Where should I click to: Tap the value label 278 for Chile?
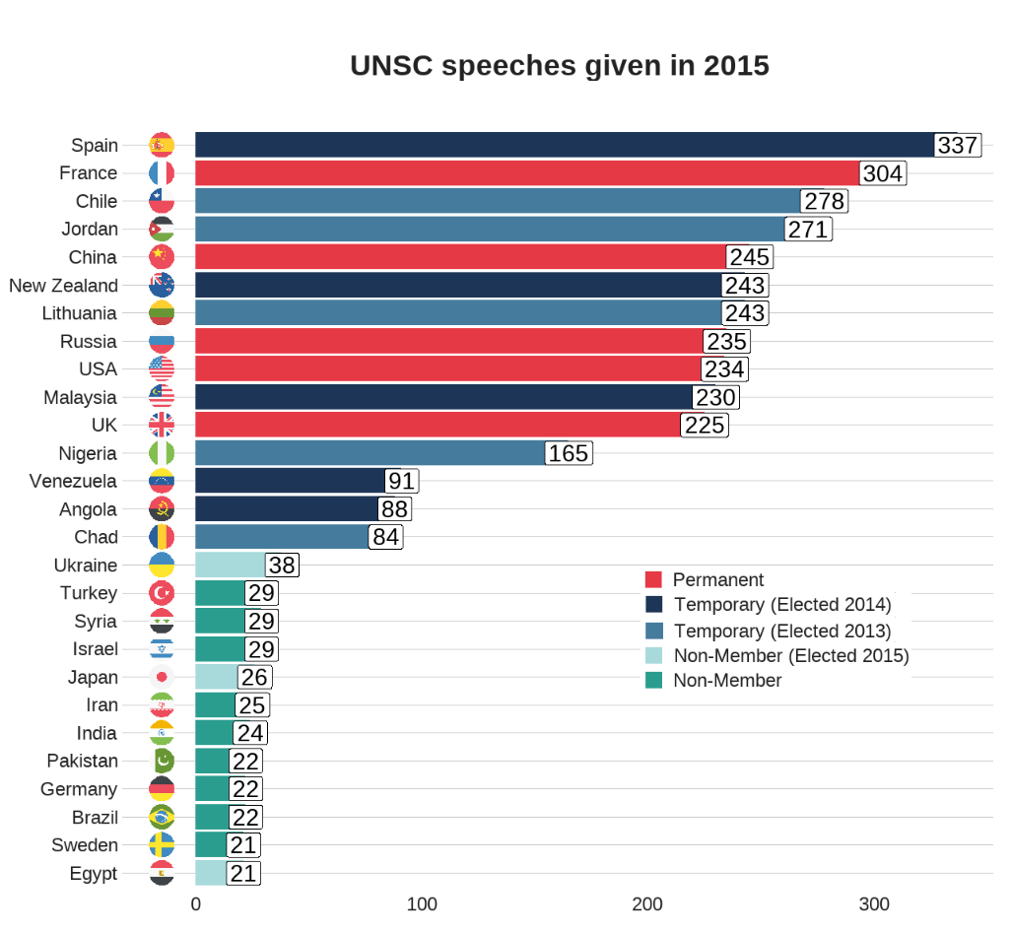coord(825,202)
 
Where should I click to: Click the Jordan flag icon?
coord(162,230)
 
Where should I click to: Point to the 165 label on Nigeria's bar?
coord(568,454)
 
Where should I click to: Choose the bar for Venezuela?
coord(290,482)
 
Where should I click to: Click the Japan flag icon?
coord(162,678)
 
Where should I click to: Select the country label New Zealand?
coord(63,286)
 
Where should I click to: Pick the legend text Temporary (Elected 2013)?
coord(782,631)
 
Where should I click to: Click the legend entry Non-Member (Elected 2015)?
coord(791,656)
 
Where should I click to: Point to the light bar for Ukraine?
coord(231,566)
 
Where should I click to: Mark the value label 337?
coord(958,146)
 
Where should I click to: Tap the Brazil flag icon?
coord(162,818)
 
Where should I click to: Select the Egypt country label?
coord(94,874)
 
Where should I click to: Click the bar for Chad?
coord(282,538)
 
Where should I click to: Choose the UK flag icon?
coord(162,426)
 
